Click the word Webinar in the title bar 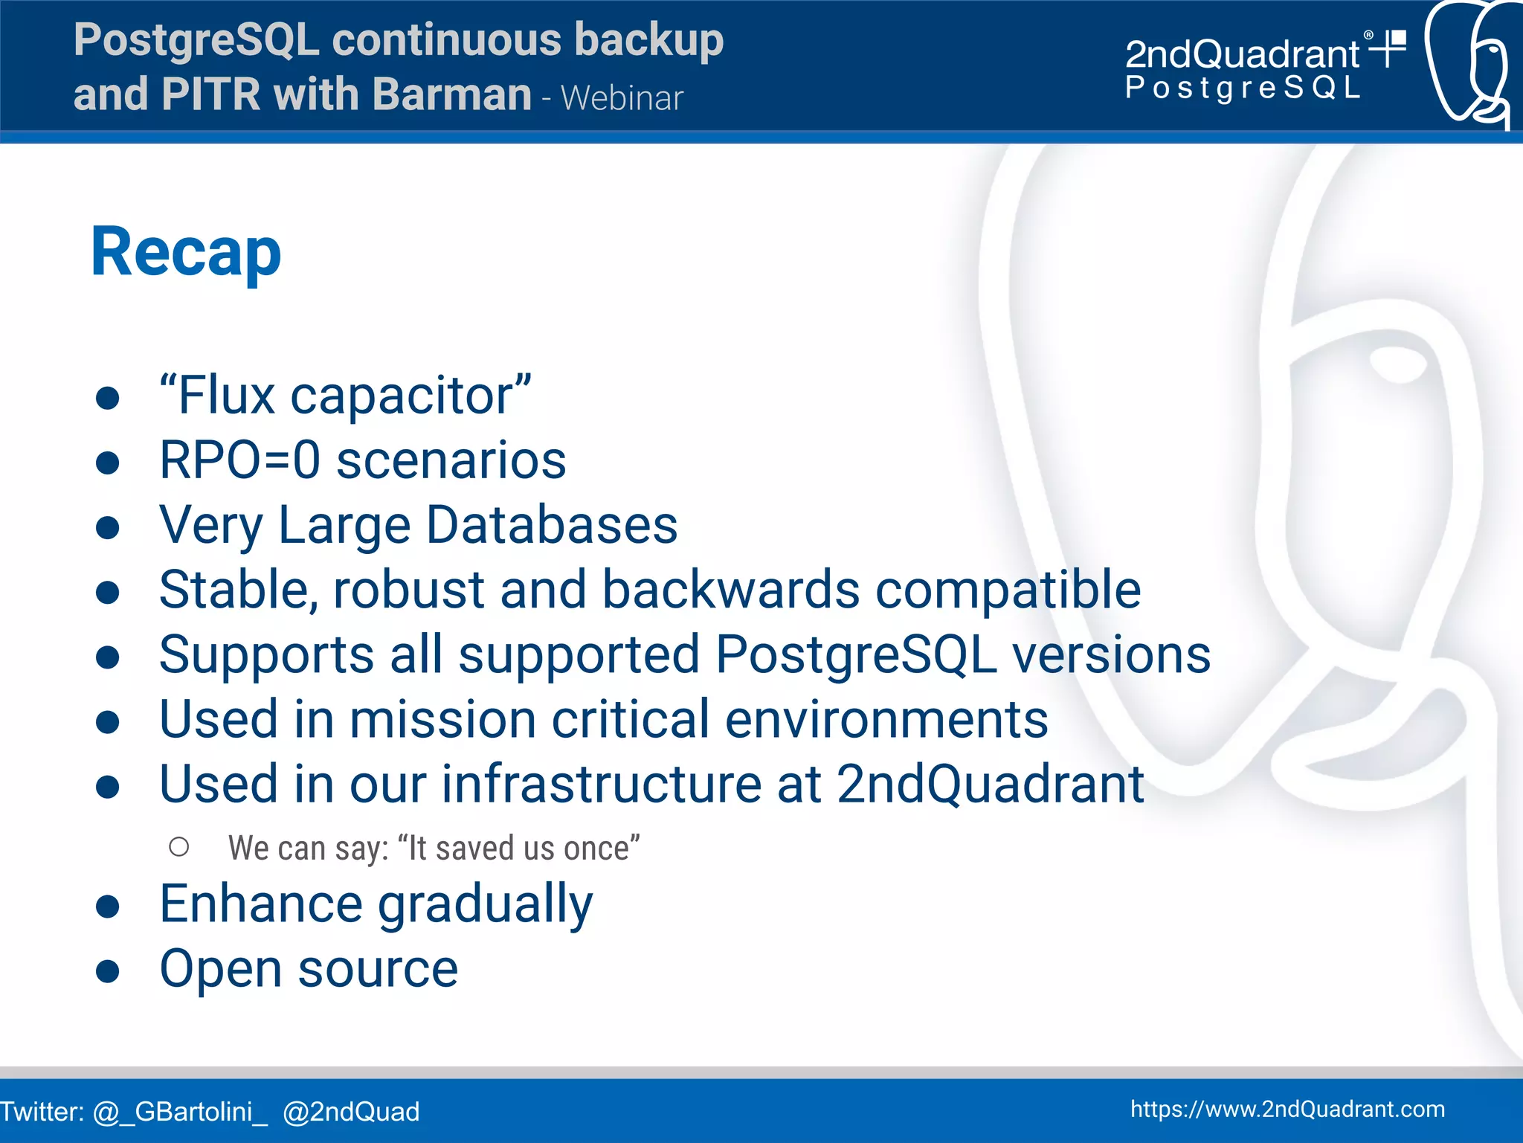[622, 98]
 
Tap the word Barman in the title [451, 95]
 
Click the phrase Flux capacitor [345, 396]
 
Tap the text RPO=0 [240, 460]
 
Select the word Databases [552, 525]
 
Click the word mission [442, 719]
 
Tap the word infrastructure [601, 784]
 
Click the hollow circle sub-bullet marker [179, 847]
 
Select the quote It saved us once [518, 849]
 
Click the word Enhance [260, 904]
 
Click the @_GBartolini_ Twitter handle [180, 1112]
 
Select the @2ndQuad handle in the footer [351, 1112]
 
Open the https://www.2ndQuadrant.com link [1287, 1110]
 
